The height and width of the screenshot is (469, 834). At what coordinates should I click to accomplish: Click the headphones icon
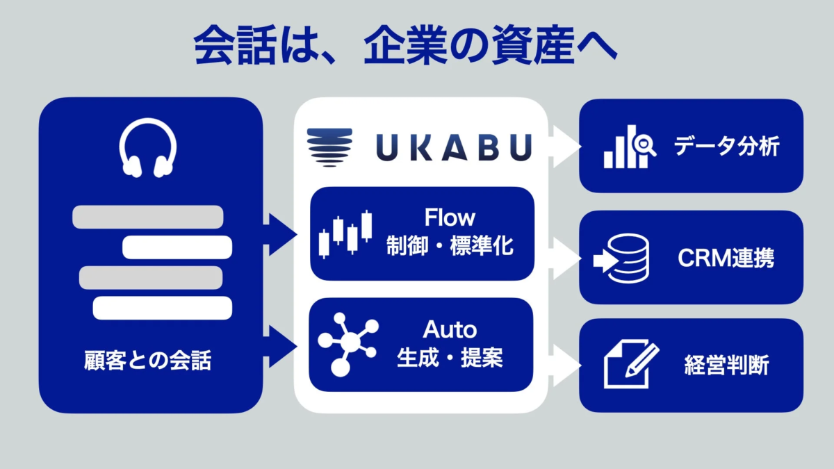coord(147,149)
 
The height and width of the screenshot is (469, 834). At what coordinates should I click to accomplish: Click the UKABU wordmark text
coord(454,147)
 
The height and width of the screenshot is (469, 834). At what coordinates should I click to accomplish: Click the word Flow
coord(450,218)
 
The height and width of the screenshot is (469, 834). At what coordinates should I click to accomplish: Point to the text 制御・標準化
coord(450,246)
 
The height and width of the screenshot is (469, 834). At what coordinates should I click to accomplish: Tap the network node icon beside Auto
coord(347,343)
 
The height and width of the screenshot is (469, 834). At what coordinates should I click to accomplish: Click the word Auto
coord(450,329)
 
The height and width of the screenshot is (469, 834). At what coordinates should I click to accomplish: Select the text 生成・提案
coord(450,359)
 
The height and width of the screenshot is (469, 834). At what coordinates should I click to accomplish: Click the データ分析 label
coord(727,147)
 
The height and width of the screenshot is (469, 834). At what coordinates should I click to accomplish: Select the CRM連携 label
coord(726,259)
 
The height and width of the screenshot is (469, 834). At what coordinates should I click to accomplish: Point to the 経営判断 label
coord(726,365)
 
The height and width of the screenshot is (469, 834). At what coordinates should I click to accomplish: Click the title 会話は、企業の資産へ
coord(405,47)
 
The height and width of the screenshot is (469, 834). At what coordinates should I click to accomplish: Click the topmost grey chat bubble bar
coord(148,217)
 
